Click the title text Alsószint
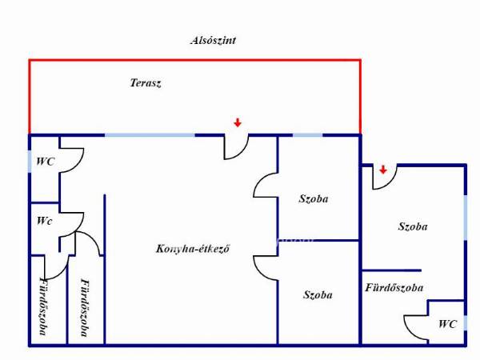(x=213, y=41)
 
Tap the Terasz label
(x=146, y=82)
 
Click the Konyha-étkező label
(x=193, y=249)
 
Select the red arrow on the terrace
(x=238, y=122)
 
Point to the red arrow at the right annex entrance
(x=383, y=170)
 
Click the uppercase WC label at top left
(x=46, y=162)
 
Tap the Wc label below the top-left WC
(x=44, y=221)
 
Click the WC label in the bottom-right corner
(x=447, y=324)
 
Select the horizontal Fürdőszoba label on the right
(x=394, y=287)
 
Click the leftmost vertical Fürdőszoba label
(x=43, y=306)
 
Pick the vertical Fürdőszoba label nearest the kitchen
(x=85, y=307)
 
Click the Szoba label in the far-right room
(x=413, y=226)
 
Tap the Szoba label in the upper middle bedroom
(x=314, y=198)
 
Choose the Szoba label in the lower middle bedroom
(x=318, y=294)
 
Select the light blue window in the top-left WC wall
(x=30, y=162)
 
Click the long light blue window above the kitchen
(x=150, y=135)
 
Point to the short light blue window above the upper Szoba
(x=308, y=135)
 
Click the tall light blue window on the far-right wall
(x=466, y=218)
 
